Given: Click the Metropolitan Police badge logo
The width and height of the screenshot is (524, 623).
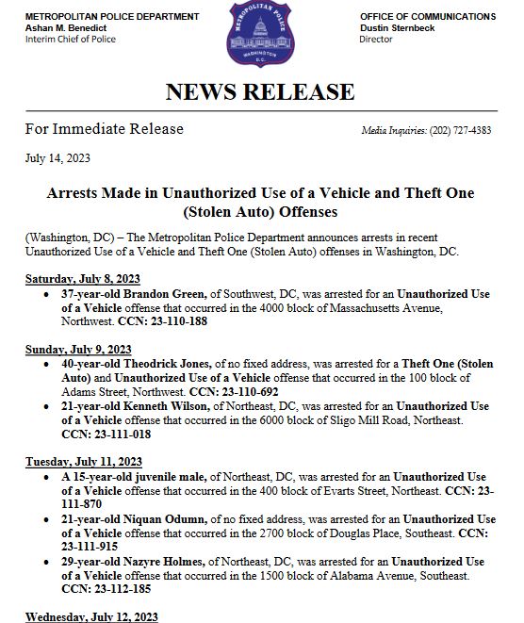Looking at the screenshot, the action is (261, 35).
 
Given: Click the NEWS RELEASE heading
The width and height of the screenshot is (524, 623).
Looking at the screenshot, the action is (260, 91).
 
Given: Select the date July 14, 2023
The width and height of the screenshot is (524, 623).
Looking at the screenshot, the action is (57, 157).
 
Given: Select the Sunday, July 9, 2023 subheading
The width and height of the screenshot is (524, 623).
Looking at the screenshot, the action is (78, 349).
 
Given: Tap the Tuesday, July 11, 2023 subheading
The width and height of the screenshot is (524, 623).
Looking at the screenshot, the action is (83, 461).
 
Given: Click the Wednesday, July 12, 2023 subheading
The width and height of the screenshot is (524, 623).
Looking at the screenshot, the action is (91, 617).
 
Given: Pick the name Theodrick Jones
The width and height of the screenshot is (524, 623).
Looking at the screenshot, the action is (172, 363).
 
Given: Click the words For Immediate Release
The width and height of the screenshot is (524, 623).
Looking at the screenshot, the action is (104, 129).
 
